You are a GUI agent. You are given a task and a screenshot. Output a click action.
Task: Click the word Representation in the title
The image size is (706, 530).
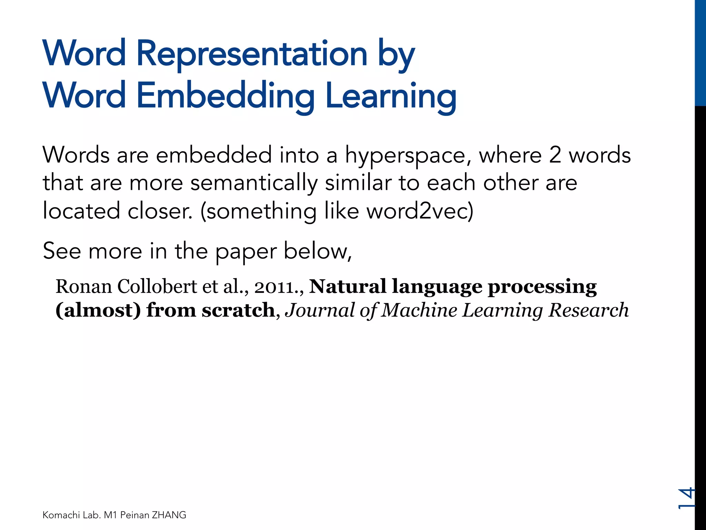(252, 53)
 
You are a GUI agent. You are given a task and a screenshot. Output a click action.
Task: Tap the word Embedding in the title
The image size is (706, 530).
(225, 96)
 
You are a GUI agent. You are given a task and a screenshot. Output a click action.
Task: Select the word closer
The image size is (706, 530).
(160, 211)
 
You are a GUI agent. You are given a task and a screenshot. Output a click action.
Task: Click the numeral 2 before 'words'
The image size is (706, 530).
(555, 155)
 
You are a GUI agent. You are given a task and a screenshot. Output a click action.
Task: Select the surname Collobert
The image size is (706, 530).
(157, 287)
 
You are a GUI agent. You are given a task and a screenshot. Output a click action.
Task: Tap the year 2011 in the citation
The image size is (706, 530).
(274, 287)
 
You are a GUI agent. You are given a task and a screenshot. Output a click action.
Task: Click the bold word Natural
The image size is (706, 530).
(347, 287)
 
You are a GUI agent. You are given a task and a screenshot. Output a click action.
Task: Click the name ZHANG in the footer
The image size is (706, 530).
(169, 515)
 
